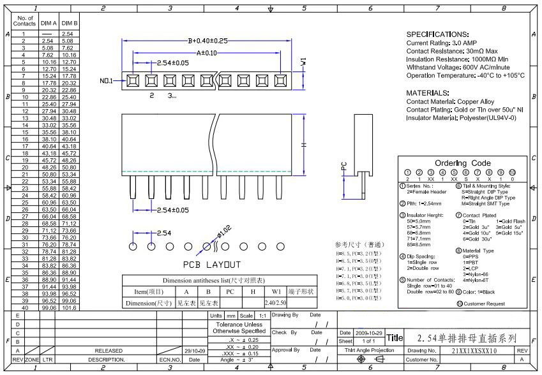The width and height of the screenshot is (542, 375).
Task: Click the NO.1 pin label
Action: pyautogui.click(x=107, y=82)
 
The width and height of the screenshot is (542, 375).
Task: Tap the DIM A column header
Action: pyautogui.click(x=49, y=23)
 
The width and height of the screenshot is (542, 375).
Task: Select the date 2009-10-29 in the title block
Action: pyautogui.click(x=369, y=333)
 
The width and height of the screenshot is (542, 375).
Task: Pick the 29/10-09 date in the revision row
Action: pyautogui.click(x=193, y=351)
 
